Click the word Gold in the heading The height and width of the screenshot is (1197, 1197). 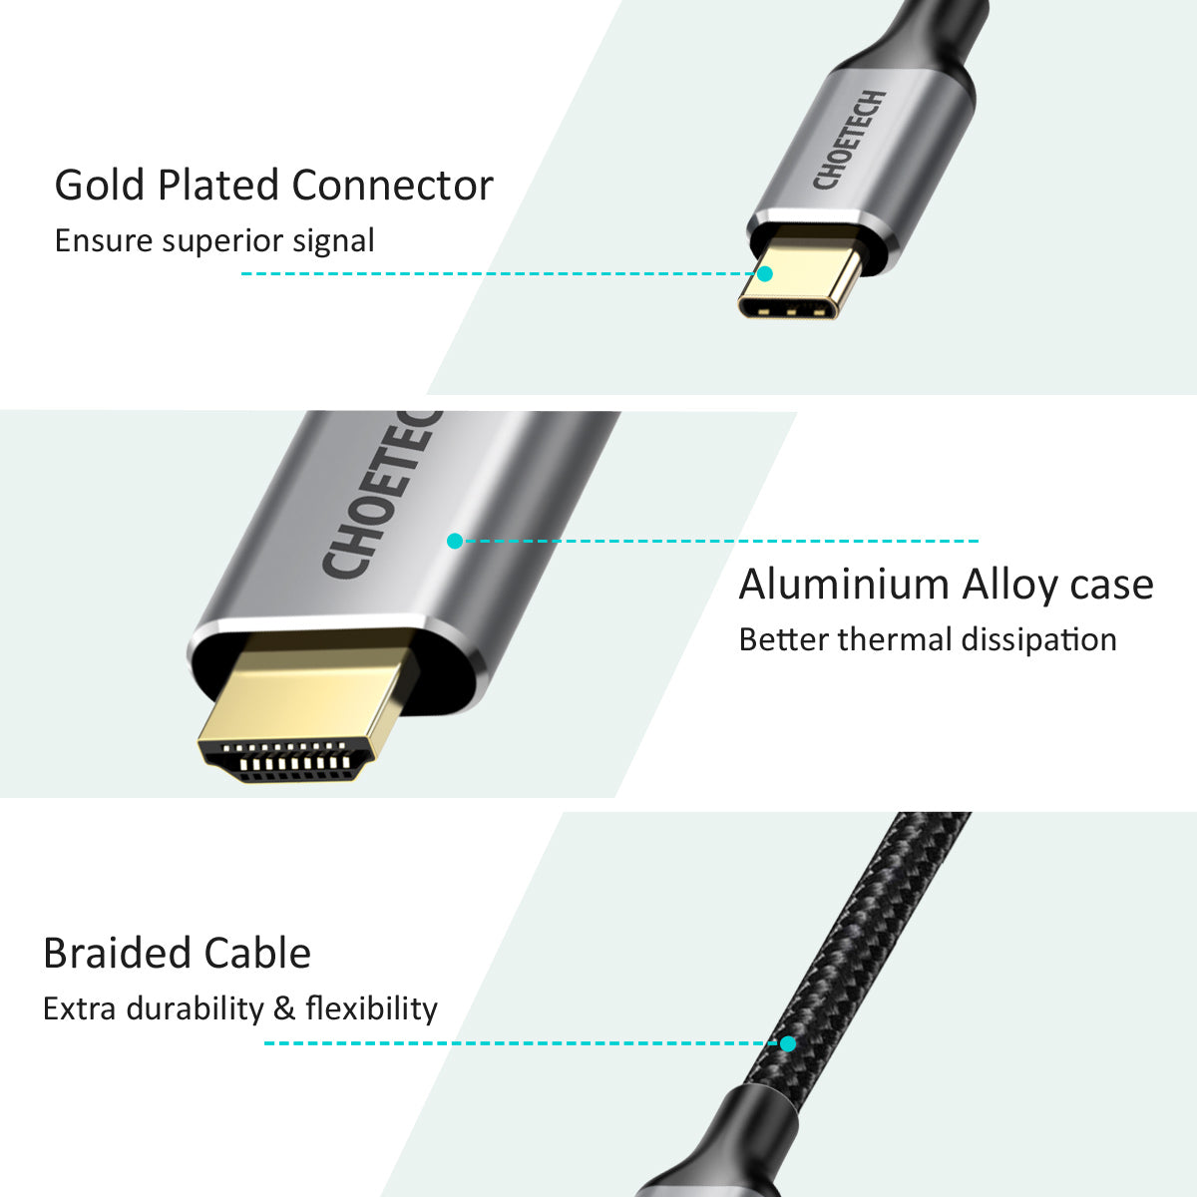pos(100,186)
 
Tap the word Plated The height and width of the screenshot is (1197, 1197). pos(218,186)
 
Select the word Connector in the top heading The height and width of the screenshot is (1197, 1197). pos(393,186)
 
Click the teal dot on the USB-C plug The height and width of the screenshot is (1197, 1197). pos(765,274)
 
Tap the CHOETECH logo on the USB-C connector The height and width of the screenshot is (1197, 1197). pos(849,139)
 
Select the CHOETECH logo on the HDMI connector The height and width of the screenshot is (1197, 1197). pos(380,495)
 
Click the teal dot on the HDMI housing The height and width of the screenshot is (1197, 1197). pos(455,541)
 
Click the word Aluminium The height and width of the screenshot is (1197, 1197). pos(844,586)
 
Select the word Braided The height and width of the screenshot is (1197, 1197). pos(116,954)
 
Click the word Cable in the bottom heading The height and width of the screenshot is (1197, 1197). pos(257,954)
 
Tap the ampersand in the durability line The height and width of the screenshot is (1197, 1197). pos(284,1008)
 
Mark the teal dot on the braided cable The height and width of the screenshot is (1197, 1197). pos(788,1043)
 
